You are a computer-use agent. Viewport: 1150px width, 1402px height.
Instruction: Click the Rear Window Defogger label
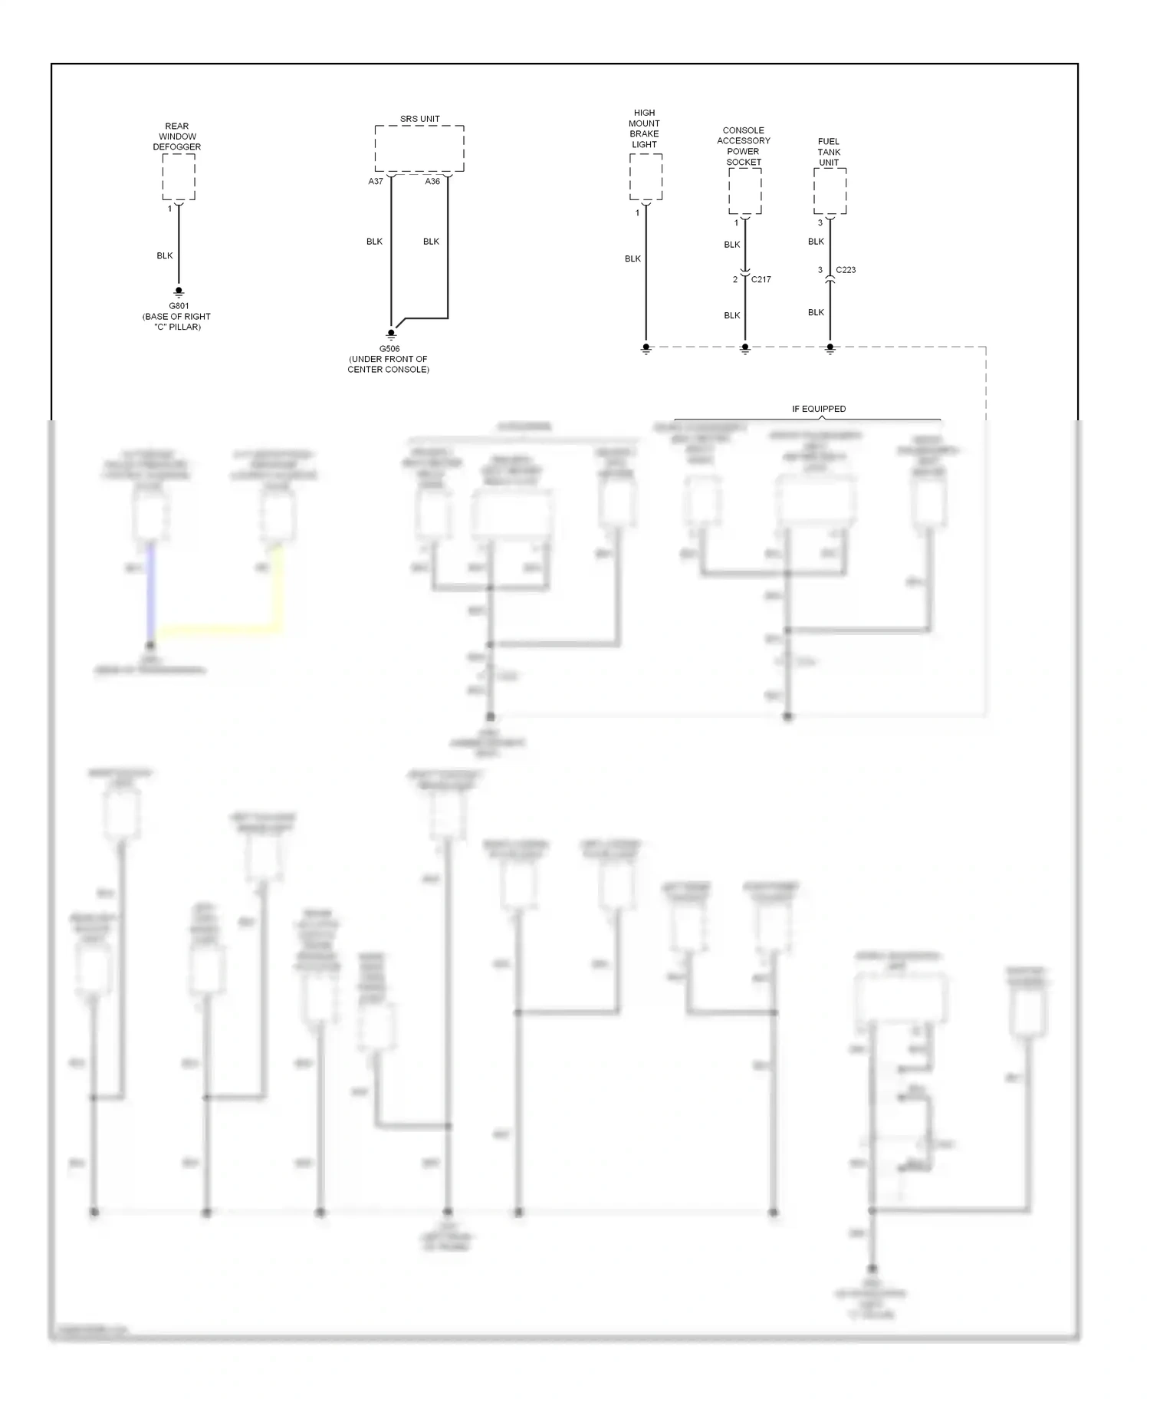(177, 137)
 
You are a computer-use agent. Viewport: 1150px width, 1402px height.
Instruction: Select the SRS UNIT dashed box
(419, 149)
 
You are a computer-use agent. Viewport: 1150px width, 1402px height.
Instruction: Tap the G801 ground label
(179, 306)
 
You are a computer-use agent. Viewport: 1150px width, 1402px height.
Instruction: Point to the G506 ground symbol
(391, 334)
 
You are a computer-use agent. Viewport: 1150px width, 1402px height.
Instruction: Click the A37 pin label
(376, 182)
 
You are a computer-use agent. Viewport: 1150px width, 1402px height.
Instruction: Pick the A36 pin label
(432, 182)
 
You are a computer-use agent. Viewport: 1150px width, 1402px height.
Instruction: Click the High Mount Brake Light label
(644, 128)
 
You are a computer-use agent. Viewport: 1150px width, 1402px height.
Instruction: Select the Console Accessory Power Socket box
(744, 191)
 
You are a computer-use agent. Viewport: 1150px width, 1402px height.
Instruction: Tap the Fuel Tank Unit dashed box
(830, 191)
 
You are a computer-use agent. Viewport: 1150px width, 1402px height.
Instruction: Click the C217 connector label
(761, 279)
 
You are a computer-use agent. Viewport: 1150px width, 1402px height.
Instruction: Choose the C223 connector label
(846, 270)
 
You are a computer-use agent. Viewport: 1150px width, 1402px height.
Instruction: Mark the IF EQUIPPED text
(819, 409)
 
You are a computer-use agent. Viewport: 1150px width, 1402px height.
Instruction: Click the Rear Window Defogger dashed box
(179, 176)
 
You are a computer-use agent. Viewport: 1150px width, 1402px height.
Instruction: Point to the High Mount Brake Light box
(646, 176)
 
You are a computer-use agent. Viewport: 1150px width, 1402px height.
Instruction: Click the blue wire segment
(151, 591)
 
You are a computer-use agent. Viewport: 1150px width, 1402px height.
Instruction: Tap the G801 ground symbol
(179, 292)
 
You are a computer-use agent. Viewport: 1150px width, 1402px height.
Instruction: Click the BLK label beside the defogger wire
(165, 255)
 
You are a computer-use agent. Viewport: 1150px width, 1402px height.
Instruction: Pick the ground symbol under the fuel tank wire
(830, 348)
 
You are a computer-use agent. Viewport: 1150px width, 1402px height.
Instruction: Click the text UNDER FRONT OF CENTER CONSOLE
(389, 364)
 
